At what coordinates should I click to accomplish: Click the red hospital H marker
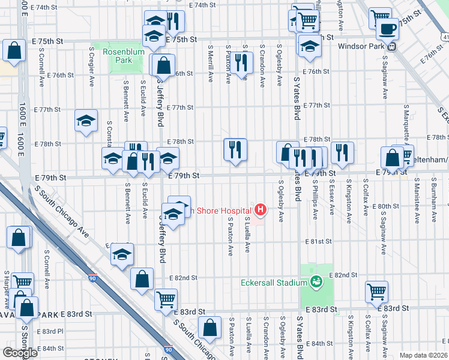coord(261,209)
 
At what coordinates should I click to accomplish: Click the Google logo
coord(20,352)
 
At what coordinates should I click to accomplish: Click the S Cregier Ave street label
coord(91,65)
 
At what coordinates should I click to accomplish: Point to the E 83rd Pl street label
coord(50,331)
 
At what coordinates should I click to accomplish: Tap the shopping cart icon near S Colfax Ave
coord(376,292)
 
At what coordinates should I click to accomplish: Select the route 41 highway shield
coord(445,37)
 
